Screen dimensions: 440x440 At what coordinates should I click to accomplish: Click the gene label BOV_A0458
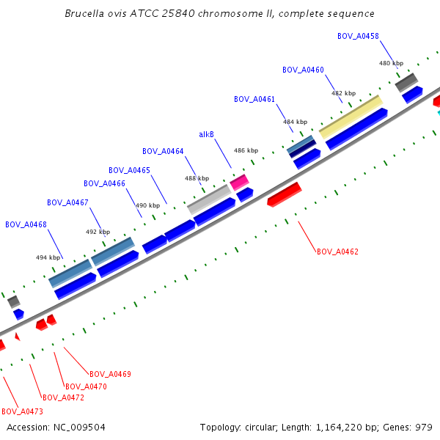tap(358, 36)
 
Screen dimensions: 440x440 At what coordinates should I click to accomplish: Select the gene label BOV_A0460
tap(303, 70)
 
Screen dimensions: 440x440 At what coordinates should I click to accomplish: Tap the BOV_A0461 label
tap(254, 99)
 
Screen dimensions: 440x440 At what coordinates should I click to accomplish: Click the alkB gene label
tap(207, 134)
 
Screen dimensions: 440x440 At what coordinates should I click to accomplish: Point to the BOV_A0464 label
tap(163, 151)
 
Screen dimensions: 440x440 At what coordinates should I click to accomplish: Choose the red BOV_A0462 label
tap(337, 252)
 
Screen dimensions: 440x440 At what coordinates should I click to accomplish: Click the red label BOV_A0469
tap(110, 374)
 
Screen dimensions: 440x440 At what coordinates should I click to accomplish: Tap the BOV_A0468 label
tap(26, 224)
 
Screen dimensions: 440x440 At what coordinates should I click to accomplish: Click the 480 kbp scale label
tap(391, 63)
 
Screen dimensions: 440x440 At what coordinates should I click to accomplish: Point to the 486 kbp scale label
tap(246, 150)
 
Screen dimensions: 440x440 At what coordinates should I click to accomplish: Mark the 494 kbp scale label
tap(48, 257)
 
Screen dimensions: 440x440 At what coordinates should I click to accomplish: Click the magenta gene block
tap(239, 180)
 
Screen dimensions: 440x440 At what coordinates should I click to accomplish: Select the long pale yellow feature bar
tap(351, 114)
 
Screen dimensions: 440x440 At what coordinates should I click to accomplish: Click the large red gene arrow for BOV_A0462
tap(285, 194)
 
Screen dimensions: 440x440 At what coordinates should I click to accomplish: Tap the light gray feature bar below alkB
tap(209, 199)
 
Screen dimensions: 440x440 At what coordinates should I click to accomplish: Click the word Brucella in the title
tap(83, 13)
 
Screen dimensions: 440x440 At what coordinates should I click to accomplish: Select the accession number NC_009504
tap(78, 427)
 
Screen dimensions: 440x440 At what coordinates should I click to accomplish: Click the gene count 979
tap(424, 427)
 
